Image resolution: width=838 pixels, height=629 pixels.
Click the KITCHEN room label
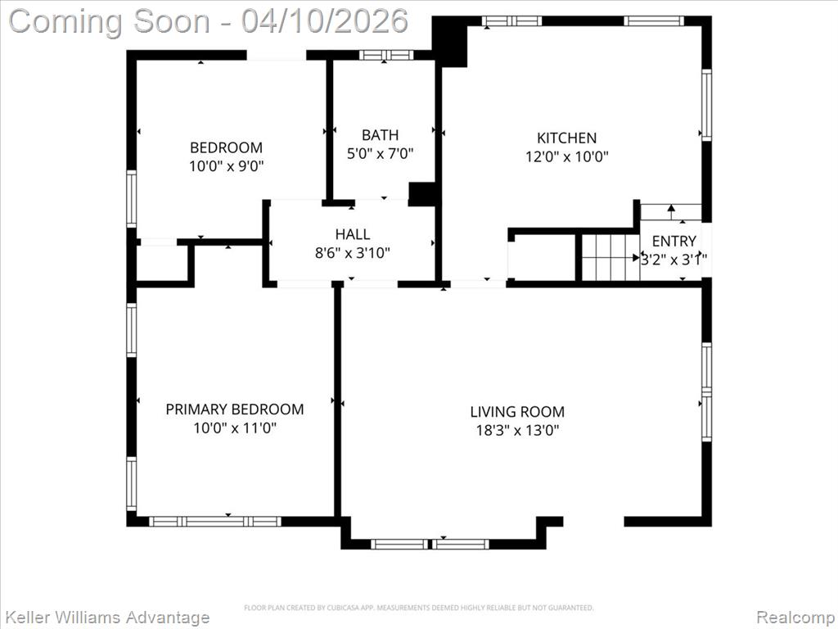566,138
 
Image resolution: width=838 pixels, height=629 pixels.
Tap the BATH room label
380,135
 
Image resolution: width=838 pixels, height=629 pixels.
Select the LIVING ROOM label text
517,412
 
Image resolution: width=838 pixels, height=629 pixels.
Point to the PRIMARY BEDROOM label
235,410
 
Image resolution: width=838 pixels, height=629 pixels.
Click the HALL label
353,234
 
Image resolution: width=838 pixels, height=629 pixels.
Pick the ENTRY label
674,241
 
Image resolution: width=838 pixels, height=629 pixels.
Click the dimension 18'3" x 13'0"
517,430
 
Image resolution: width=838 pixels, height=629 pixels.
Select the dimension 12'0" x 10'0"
566,156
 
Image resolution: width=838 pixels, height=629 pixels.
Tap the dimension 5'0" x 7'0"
380,153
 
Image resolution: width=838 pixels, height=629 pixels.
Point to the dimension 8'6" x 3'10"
353,252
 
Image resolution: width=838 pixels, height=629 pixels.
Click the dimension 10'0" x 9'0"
227,165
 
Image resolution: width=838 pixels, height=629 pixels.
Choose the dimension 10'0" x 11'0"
235,428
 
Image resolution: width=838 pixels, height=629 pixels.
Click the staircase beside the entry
610,257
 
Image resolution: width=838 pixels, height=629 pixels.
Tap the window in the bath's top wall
386,55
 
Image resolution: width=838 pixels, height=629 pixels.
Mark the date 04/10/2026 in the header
324,21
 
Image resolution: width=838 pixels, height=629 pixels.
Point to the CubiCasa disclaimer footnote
418,608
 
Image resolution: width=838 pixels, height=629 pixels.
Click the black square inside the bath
422,193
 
